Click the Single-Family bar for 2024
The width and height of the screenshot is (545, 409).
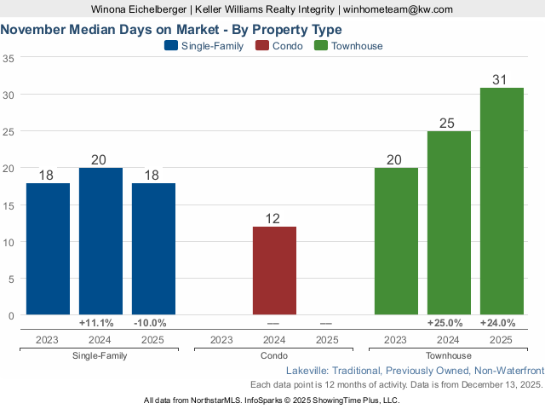100,241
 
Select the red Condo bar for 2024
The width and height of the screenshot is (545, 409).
274,270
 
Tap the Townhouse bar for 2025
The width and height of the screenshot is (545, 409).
502,201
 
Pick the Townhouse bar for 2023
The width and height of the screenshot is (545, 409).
396,241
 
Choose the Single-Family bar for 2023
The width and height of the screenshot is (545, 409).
48,249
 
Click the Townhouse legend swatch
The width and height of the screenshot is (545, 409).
322,46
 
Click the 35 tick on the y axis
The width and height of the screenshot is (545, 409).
9,58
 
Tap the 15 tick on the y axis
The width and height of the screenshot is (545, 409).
9,205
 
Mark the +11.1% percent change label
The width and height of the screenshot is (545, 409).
100,323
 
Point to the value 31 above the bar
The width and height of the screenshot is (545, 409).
501,80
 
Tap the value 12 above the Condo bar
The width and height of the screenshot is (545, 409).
273,219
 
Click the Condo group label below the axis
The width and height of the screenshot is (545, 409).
274,355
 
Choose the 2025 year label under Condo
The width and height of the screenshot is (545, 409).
327,340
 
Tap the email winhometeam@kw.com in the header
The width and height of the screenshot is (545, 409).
398,9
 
